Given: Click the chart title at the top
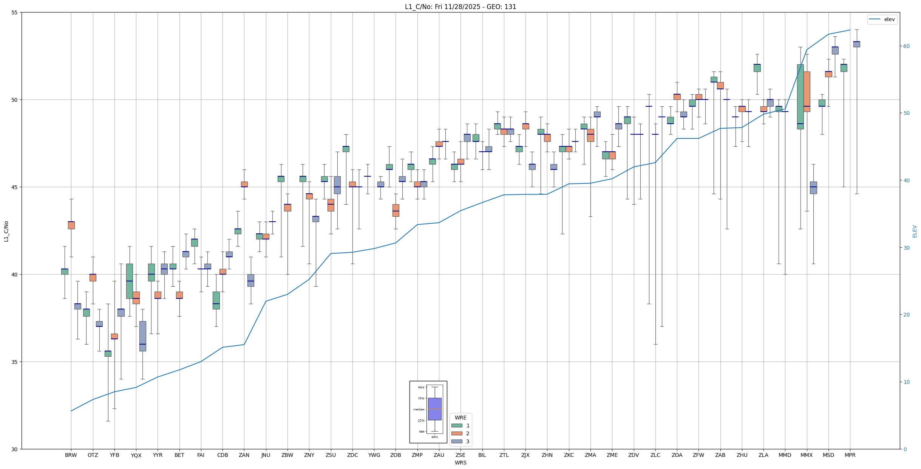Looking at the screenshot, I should pos(460,7).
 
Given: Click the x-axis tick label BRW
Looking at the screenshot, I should pos(71,455).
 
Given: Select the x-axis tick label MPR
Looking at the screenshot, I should pos(850,455).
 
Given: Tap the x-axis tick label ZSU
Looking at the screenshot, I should pos(331,455).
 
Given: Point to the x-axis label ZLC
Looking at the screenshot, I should pos(655,455).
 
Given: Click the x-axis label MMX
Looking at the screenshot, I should pos(806,455).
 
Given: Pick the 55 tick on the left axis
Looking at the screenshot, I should pos(15,12).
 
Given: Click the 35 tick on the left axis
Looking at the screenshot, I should pos(15,362).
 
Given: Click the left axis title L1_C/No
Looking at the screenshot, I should pos(6,231).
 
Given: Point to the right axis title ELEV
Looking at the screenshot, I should pos(915,231).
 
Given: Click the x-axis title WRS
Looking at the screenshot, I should pos(460,463).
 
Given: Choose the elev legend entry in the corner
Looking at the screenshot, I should pos(882,19).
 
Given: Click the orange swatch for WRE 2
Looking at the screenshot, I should pos(457,433).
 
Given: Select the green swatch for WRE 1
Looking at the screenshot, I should pos(457,426).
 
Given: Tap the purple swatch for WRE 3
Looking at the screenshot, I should pos(457,441).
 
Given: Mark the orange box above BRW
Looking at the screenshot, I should pos(71,225).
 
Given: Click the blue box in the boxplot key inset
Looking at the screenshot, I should pos(434,409).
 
